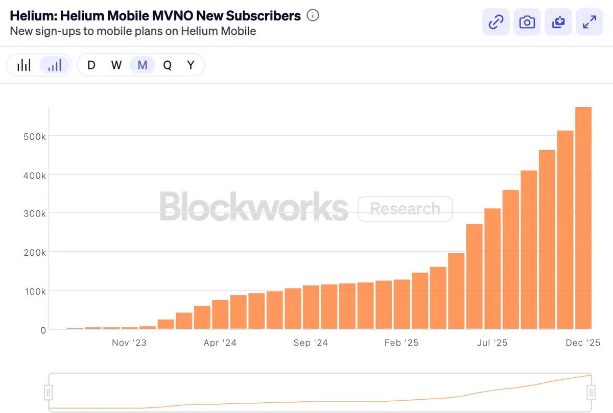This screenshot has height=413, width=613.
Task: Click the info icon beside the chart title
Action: (313, 16)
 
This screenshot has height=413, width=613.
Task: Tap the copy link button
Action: (496, 22)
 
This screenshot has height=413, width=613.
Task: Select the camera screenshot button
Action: (527, 22)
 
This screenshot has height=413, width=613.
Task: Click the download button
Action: (558, 22)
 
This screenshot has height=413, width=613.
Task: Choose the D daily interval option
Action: (91, 65)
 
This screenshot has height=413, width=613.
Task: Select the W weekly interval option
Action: (116, 65)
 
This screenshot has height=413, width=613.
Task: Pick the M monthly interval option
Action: (143, 65)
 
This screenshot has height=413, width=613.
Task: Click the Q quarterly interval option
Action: (167, 65)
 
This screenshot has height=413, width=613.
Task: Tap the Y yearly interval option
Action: (191, 65)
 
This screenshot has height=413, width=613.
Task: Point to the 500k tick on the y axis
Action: (36, 136)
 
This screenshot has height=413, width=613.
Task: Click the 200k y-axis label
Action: (36, 253)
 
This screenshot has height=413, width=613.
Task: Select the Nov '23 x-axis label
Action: (129, 343)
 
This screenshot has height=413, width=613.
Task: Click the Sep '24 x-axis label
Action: (311, 343)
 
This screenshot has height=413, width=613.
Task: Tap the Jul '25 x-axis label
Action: (492, 343)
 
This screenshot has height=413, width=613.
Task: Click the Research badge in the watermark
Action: (405, 209)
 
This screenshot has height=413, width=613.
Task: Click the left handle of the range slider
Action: (49, 392)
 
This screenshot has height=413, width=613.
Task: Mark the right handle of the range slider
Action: (591, 392)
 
